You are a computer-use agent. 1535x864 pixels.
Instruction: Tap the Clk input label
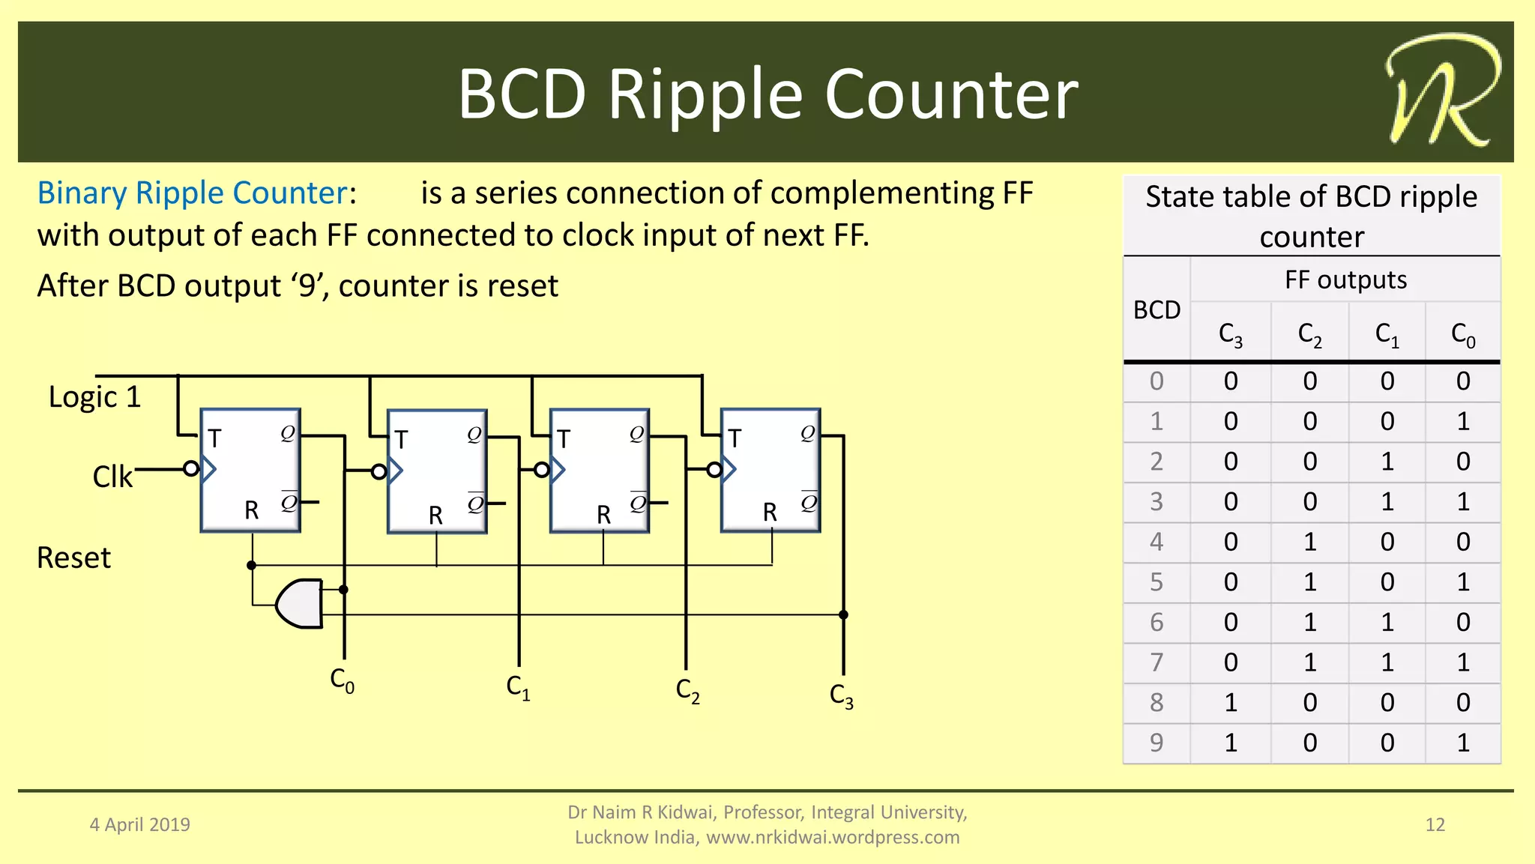pyautogui.click(x=112, y=477)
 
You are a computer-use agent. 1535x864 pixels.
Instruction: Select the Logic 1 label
pyautogui.click(x=94, y=396)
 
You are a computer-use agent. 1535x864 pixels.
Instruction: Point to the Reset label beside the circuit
pyautogui.click(x=73, y=558)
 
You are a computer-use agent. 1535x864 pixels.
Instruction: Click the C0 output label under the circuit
pyautogui.click(x=342, y=680)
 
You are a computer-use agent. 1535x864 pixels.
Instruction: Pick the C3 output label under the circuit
pyautogui.click(x=841, y=695)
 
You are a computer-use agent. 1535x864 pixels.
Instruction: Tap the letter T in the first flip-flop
pyautogui.click(x=214, y=438)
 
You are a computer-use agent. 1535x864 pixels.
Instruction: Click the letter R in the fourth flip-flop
pyautogui.click(x=770, y=512)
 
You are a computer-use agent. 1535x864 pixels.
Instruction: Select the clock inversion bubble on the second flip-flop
pyautogui.click(x=379, y=471)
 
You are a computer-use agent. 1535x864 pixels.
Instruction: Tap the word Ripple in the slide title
pyautogui.click(x=705, y=94)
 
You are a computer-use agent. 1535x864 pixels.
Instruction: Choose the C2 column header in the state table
pyautogui.click(x=1309, y=334)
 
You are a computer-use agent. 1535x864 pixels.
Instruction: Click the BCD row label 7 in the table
pyautogui.click(x=1156, y=662)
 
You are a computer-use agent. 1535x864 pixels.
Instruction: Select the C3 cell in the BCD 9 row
pyautogui.click(x=1231, y=743)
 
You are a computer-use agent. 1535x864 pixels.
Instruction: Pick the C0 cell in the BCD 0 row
pyautogui.click(x=1462, y=381)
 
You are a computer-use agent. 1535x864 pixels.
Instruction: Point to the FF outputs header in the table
pyautogui.click(x=1345, y=280)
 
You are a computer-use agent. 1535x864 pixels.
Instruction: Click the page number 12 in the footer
pyautogui.click(x=1435, y=824)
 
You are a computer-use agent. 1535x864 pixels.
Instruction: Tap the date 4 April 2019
pyautogui.click(x=140, y=824)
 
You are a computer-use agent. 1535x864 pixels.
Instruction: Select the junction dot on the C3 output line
pyautogui.click(x=843, y=614)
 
